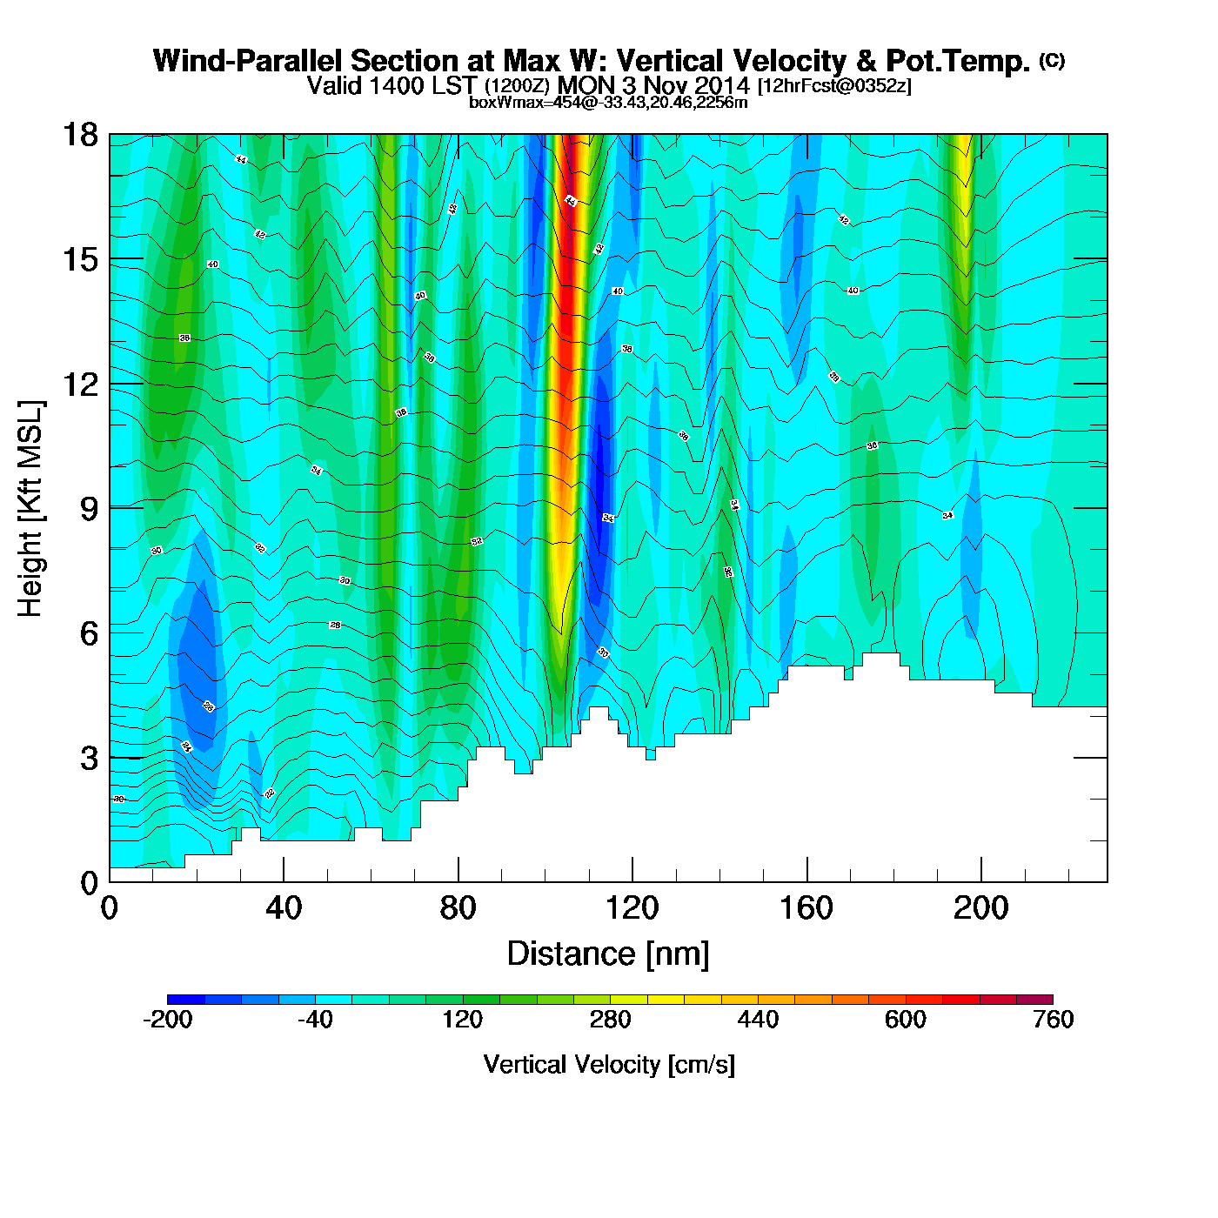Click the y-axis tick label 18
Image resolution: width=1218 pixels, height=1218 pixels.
[x=79, y=135]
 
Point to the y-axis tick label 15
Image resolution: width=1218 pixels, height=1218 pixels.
[x=79, y=259]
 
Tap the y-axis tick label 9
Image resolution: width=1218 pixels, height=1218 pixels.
[x=89, y=509]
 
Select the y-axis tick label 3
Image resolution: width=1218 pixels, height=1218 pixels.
[x=89, y=758]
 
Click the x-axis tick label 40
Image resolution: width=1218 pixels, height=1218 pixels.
[x=284, y=909]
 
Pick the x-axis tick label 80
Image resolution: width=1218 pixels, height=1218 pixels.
[x=458, y=909]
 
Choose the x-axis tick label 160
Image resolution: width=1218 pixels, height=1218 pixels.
[x=806, y=909]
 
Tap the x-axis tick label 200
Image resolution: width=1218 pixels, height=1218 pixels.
[x=980, y=909]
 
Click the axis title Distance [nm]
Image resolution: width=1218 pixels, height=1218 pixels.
[x=608, y=954]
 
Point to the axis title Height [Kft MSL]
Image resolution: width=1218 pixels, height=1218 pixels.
[x=30, y=509]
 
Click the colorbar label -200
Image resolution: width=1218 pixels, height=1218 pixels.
[x=167, y=1020]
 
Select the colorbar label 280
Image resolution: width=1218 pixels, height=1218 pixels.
[x=610, y=1020]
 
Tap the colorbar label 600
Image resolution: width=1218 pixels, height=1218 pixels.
[x=906, y=1020]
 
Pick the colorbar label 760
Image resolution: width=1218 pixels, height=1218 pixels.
[x=1053, y=1020]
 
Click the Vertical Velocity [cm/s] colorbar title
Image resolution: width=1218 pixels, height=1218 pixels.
[x=609, y=1064]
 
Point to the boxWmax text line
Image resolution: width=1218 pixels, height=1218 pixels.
[x=608, y=103]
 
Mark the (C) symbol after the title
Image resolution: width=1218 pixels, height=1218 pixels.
[x=1051, y=60]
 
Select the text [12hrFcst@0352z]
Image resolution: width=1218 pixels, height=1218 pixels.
[x=835, y=86]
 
